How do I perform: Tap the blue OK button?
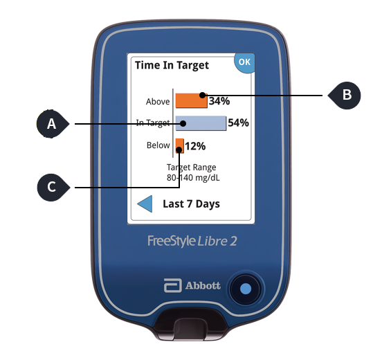[244, 62]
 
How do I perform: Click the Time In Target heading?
[172, 66]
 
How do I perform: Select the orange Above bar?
[191, 100]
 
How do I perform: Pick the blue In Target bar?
[201, 123]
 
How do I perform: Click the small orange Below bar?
[179, 145]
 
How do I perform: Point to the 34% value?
[219, 101]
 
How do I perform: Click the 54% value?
[238, 123]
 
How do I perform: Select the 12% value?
[196, 146]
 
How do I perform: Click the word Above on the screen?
[158, 102]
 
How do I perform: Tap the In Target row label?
[153, 123]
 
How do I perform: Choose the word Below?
[158, 145]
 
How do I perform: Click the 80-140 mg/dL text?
[191, 177]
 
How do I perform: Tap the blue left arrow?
[145, 204]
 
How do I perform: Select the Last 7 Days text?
[191, 204]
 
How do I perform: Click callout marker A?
[52, 124]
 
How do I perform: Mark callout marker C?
[52, 187]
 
